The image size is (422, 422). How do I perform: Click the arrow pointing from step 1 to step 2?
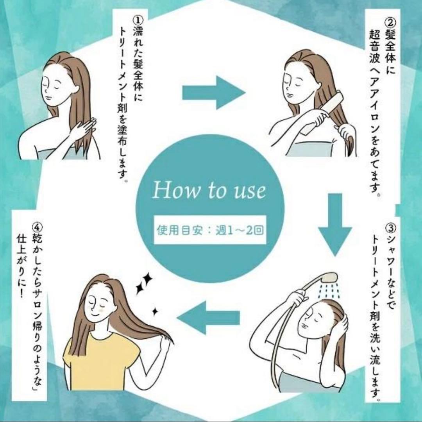coord(213,93)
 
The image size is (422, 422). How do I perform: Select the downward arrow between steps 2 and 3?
coord(335,225)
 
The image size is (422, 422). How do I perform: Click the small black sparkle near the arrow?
coord(155,311)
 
